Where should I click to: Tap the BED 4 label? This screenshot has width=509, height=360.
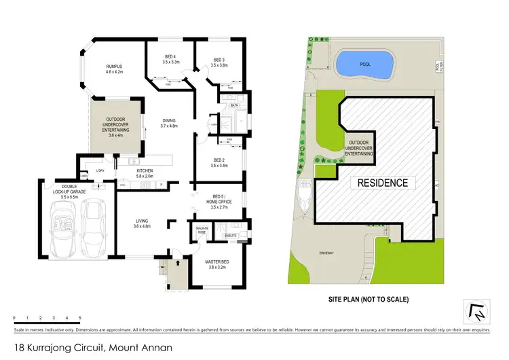171,59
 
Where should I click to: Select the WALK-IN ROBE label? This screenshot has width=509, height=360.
201,231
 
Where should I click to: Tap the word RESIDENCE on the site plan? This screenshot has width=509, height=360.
383,183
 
